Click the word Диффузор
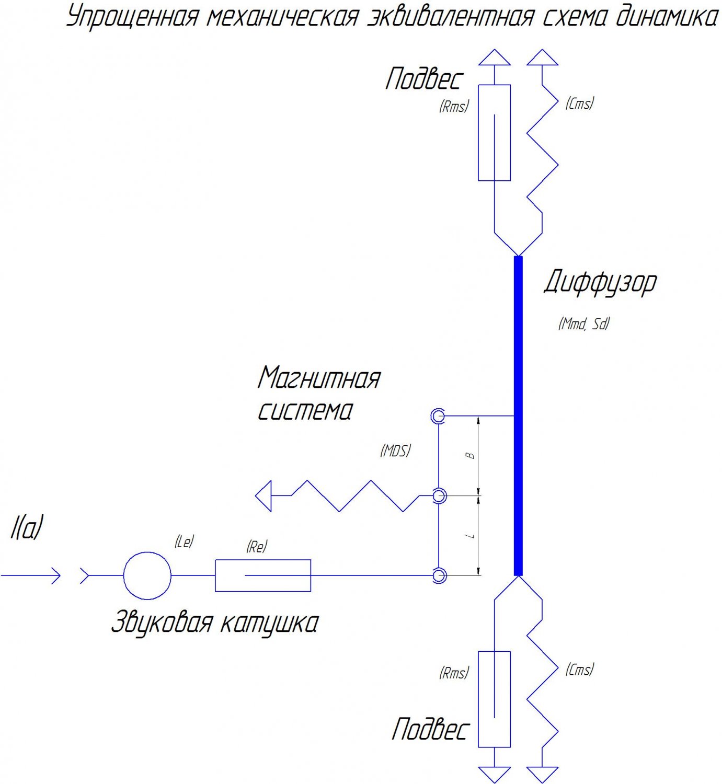point(600,283)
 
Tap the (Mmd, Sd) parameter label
point(584,324)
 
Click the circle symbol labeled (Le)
point(147,575)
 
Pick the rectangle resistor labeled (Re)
point(263,575)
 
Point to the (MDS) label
point(395,451)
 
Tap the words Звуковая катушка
point(214,622)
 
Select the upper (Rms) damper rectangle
point(494,133)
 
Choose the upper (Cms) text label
point(580,103)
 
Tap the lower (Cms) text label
point(580,670)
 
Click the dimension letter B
point(471,455)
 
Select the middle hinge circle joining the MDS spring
point(439,495)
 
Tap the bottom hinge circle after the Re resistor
point(439,575)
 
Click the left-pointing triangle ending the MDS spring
point(263,495)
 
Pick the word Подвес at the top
point(424,79)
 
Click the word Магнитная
point(319,378)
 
